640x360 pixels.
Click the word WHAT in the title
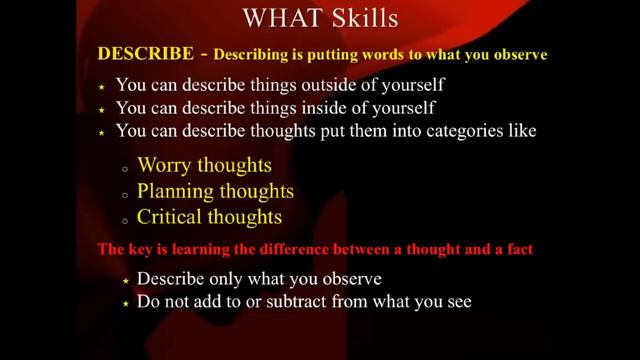276,19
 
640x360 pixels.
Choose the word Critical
172,215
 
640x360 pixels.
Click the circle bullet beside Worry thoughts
123,167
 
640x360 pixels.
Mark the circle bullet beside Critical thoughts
123,218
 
